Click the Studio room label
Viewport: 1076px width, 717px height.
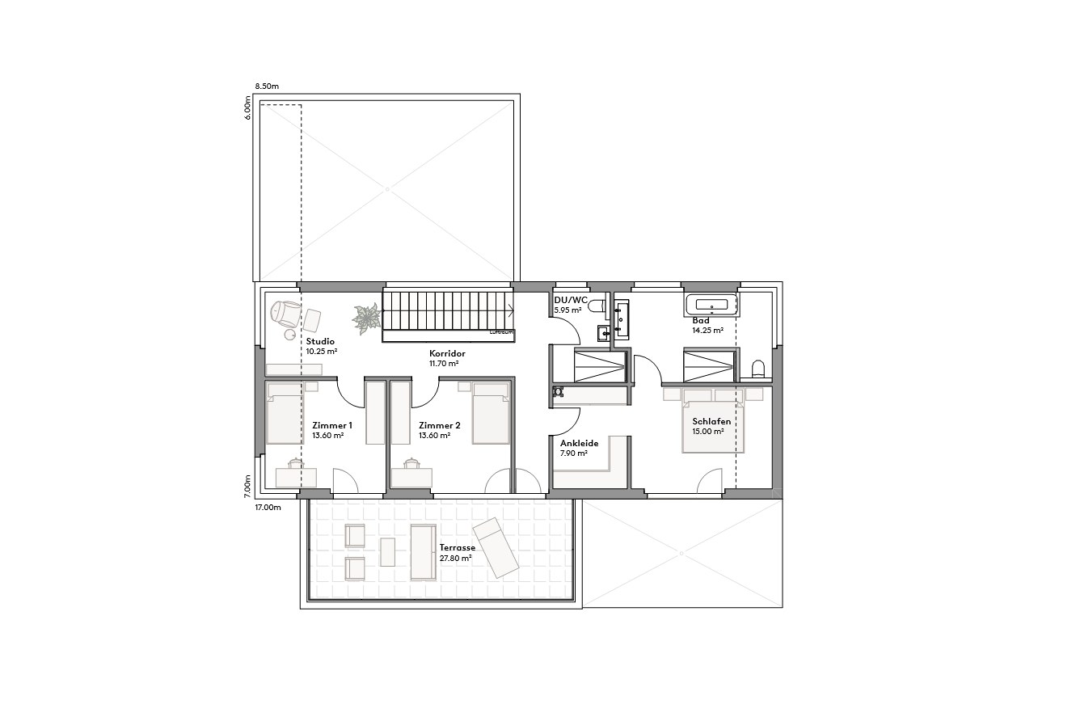point(320,342)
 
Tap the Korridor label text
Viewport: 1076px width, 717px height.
point(447,353)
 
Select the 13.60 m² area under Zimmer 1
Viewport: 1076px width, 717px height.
point(328,436)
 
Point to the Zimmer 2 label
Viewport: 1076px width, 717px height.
point(439,425)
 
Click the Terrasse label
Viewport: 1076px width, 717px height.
point(458,548)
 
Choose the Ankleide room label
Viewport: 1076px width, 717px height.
point(579,443)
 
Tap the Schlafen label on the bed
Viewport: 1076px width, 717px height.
point(711,422)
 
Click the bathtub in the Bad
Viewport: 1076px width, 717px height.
point(711,306)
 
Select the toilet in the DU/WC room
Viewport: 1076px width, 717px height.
point(597,306)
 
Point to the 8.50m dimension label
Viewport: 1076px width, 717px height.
point(267,86)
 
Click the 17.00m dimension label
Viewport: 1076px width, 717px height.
point(268,508)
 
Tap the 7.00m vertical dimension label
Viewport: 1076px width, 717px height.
point(249,485)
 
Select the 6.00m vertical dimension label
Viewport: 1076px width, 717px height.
point(249,108)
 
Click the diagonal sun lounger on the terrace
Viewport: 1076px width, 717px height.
point(495,548)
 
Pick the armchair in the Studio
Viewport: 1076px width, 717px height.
point(284,313)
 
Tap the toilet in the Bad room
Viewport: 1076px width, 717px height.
point(758,369)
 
